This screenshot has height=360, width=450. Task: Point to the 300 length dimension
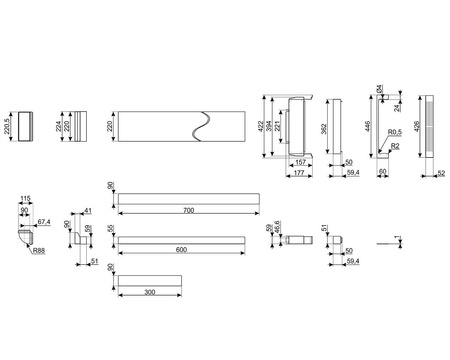[x=150, y=293]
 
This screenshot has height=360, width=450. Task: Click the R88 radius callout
[x=38, y=251]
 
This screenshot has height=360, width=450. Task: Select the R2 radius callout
[x=397, y=147]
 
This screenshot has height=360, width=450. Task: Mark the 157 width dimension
[x=299, y=162]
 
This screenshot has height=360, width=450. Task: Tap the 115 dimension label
[x=25, y=198]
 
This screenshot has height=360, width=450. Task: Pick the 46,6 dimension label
[x=277, y=230]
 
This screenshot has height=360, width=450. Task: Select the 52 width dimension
[x=442, y=174]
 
